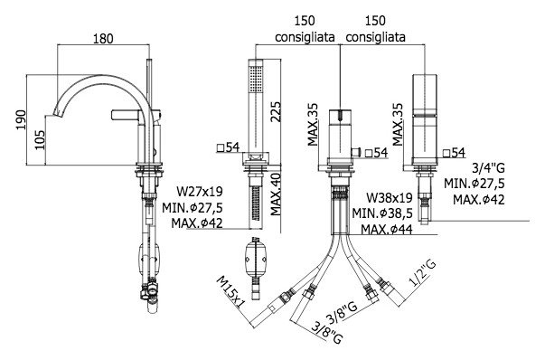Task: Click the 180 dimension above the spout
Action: pyautogui.click(x=103, y=38)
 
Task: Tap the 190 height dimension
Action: pyautogui.click(x=21, y=119)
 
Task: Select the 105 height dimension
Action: pyautogui.click(x=40, y=140)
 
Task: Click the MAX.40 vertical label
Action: pyautogui.click(x=276, y=194)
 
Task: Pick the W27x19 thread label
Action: pyautogui.click(x=200, y=191)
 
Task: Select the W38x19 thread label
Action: pyautogui.click(x=390, y=198)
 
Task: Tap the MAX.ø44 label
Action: pyautogui.click(x=387, y=230)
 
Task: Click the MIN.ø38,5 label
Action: pyautogui.click(x=382, y=213)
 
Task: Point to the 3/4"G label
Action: pyautogui.click(x=488, y=168)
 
